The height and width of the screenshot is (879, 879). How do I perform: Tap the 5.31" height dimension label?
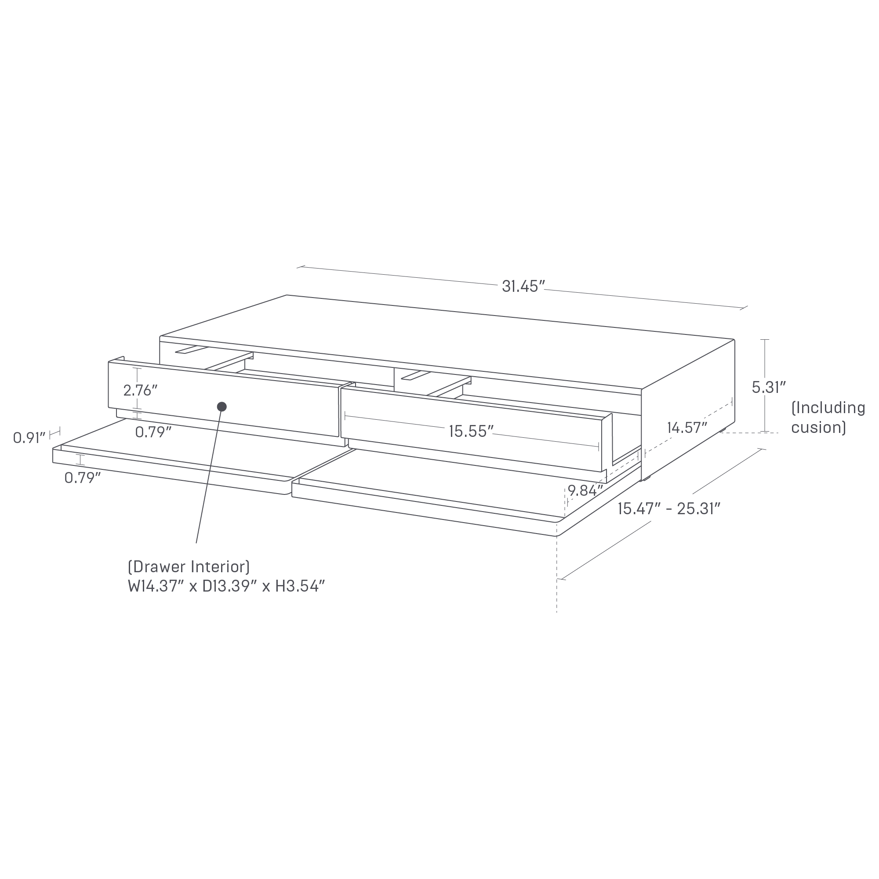[769, 387]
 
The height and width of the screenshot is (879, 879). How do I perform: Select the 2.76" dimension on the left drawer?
[140, 390]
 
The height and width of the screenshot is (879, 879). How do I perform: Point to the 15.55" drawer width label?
[471, 431]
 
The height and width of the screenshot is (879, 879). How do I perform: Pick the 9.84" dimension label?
[585, 491]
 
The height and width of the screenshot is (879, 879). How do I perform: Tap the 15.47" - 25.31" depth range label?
[669, 508]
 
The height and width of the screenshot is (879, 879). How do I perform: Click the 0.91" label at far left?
[29, 438]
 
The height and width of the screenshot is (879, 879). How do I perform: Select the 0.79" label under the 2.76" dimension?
[153, 432]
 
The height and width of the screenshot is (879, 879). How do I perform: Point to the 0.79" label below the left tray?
[82, 478]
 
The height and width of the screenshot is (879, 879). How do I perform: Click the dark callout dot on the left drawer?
[222, 407]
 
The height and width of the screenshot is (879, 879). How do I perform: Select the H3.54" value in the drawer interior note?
[300, 587]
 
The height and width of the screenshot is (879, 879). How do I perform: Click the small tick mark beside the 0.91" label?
[55, 431]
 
